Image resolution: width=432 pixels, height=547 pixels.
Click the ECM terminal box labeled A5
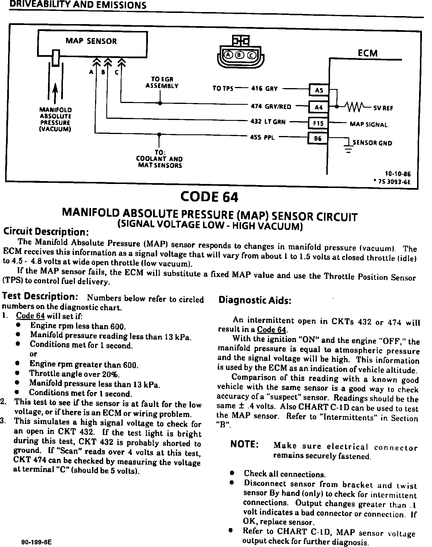(x=319, y=90)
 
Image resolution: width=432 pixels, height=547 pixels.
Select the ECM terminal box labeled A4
(x=319, y=107)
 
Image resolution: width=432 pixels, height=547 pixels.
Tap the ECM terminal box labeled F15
(x=318, y=123)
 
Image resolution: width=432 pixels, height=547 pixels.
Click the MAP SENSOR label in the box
(x=91, y=41)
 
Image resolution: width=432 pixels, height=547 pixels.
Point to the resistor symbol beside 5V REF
(x=355, y=106)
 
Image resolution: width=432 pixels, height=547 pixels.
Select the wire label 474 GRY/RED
(x=271, y=106)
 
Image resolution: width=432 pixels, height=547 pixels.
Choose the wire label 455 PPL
(x=262, y=137)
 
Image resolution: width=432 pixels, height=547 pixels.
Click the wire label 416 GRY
(x=264, y=88)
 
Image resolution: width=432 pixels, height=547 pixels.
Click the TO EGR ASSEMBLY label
(x=162, y=82)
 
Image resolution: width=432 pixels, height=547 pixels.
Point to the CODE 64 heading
(x=209, y=197)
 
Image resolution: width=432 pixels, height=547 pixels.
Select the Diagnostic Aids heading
(x=255, y=300)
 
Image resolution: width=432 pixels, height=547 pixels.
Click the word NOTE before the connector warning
(x=244, y=444)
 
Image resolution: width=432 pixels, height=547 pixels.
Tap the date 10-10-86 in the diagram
(x=398, y=174)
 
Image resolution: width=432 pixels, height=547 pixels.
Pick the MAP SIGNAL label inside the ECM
(x=368, y=125)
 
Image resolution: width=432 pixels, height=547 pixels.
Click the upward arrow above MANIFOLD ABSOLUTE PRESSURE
(x=55, y=92)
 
